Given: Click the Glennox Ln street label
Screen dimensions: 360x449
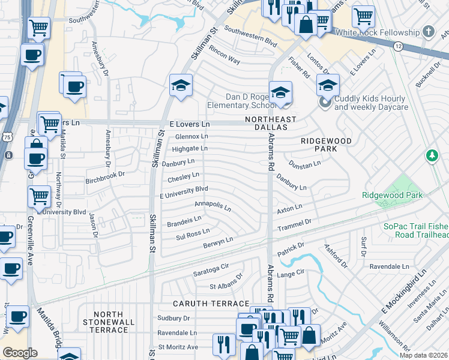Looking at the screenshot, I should point(191,137).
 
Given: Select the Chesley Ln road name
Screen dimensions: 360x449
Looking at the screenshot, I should point(183,177).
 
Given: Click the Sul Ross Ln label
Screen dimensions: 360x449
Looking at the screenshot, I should point(193,232).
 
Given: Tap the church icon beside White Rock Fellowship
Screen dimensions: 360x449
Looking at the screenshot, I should point(429,31).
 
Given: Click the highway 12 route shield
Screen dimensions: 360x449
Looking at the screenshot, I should point(397,46).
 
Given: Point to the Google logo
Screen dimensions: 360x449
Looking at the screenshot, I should point(19,352).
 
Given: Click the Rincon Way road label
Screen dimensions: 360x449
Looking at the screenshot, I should point(224,61).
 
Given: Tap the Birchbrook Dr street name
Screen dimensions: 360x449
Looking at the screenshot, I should point(104,175).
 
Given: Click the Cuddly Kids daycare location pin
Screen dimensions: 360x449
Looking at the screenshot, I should point(326,102).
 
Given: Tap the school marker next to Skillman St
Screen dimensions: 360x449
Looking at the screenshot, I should point(180,85).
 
